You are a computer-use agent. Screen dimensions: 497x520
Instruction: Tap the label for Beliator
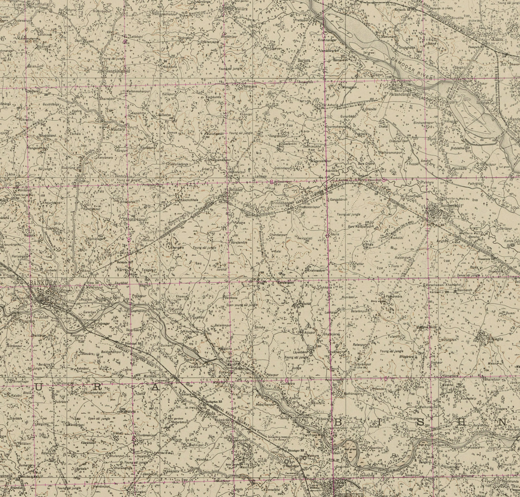click(234, 189)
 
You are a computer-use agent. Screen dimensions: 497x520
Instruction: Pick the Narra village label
click(121, 269)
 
